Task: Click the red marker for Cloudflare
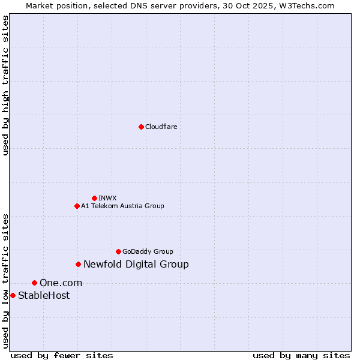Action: tap(141, 127)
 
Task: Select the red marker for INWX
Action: tap(94, 198)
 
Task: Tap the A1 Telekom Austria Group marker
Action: tap(77, 206)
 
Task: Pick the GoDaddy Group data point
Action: tap(118, 251)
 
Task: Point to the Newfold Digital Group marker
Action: tap(78, 264)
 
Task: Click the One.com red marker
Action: tap(34, 283)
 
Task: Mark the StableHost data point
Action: tap(13, 295)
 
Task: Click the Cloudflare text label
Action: tap(161, 127)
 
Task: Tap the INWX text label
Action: tap(107, 198)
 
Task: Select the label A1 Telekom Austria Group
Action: tap(122, 206)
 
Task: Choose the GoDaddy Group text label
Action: tap(148, 251)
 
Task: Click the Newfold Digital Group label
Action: tap(136, 264)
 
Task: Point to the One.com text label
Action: tap(61, 283)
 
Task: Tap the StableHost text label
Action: tap(44, 295)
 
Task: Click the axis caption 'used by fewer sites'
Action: tap(62, 355)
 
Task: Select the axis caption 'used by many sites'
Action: tap(301, 355)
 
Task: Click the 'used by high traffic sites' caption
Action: tap(5, 85)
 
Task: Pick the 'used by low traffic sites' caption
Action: tap(5, 281)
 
